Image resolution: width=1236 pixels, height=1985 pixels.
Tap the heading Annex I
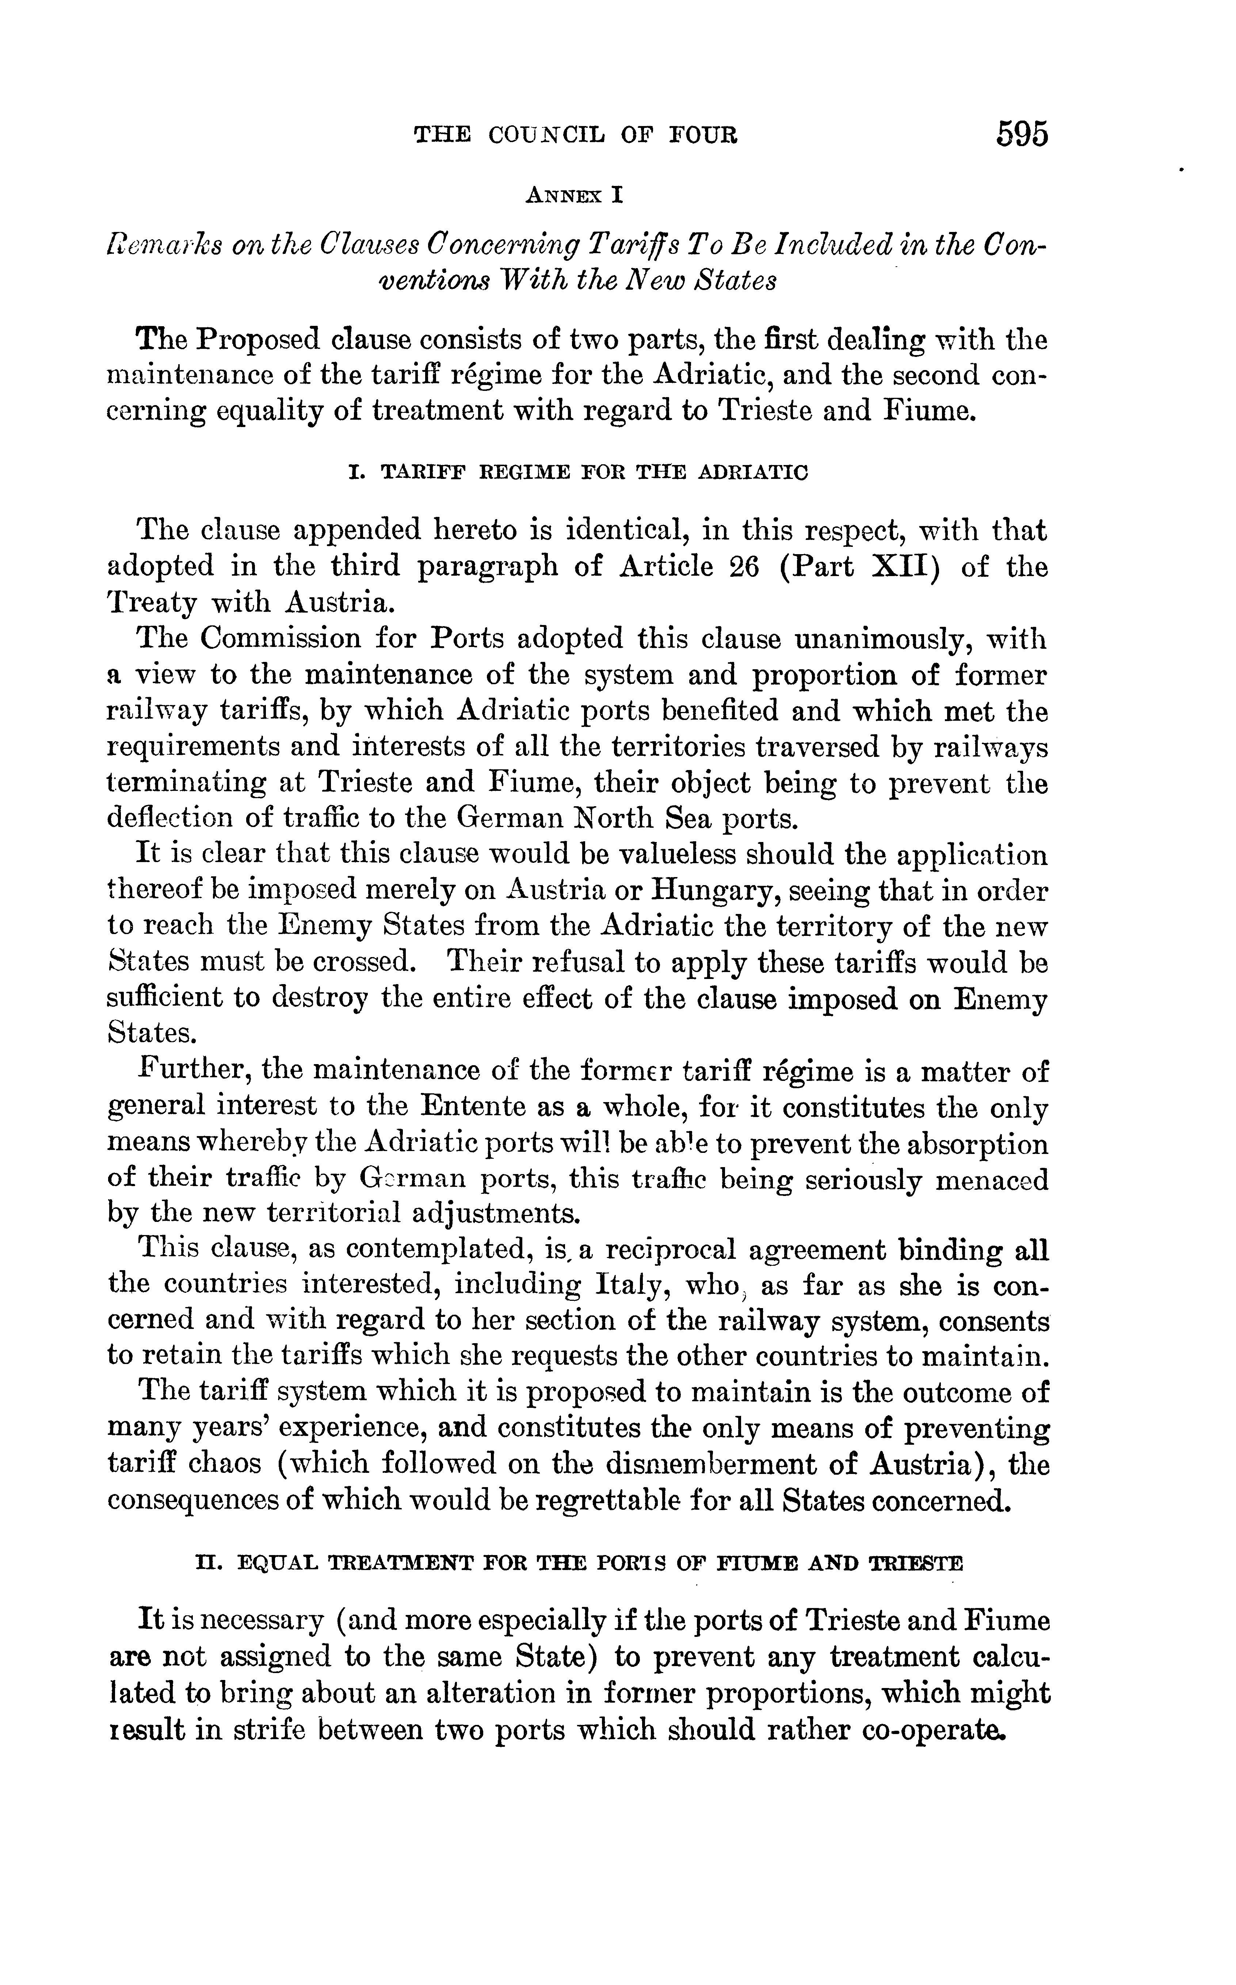click(x=576, y=195)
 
